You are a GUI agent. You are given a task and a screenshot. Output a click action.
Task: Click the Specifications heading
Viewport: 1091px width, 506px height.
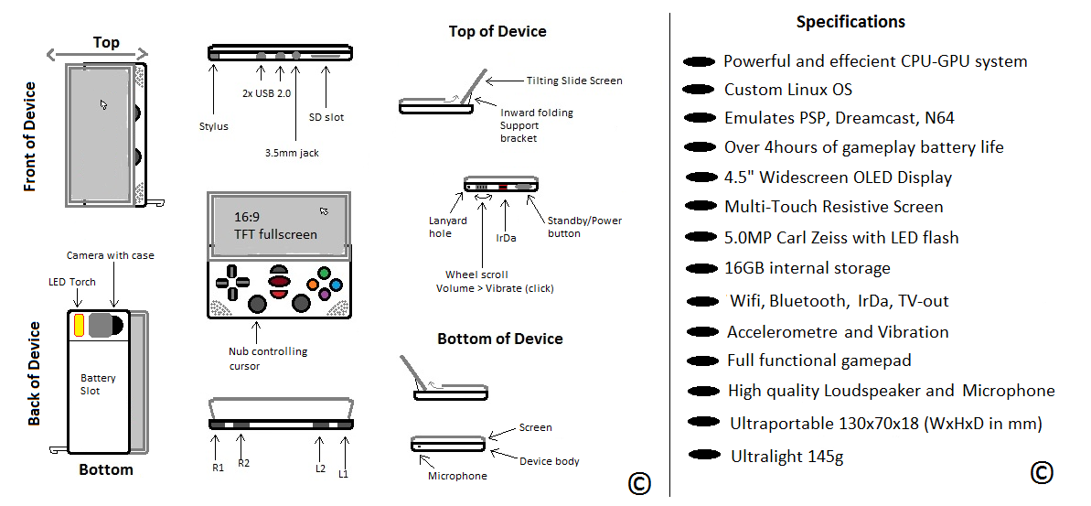tap(850, 22)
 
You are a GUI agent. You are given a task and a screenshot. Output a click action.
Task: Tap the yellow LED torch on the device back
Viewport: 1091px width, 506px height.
tap(79, 324)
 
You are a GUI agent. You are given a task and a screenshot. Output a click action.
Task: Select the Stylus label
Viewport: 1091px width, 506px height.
tap(213, 126)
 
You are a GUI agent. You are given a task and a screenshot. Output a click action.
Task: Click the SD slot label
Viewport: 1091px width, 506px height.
tap(326, 117)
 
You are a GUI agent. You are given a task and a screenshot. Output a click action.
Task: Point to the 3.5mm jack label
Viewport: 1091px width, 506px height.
tap(292, 153)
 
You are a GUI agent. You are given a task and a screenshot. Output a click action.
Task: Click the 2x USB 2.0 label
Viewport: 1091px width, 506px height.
tap(265, 93)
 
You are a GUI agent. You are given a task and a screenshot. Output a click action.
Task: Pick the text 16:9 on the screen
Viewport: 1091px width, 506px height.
tap(248, 218)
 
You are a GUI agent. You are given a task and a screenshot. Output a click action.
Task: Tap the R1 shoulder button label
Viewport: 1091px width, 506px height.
tap(218, 468)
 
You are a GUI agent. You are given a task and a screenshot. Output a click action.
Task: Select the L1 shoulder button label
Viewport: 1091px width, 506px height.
tap(343, 473)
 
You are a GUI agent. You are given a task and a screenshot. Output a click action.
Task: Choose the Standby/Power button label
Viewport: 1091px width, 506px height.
tap(583, 227)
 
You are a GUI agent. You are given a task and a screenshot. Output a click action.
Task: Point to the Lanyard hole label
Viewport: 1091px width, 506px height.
tap(448, 227)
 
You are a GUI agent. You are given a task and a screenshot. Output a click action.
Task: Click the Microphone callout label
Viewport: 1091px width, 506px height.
tap(457, 476)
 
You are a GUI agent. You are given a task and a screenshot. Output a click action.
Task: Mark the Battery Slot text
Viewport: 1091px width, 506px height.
tap(98, 384)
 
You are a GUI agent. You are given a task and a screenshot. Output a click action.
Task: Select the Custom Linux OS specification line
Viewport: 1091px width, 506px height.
tap(787, 90)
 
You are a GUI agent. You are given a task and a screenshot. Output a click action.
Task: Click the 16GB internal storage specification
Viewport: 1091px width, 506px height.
tap(807, 268)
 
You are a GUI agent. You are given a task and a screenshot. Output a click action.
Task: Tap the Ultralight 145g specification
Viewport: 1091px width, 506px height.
tap(786, 456)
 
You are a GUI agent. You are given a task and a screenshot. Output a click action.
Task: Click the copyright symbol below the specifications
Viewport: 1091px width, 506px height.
tap(1041, 472)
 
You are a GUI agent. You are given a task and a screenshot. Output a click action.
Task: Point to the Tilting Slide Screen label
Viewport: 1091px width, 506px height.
tap(574, 81)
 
